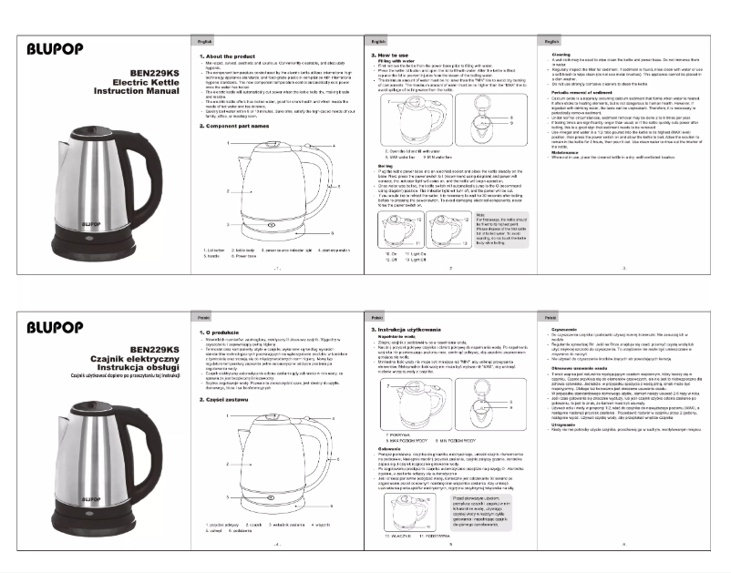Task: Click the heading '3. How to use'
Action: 391,56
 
